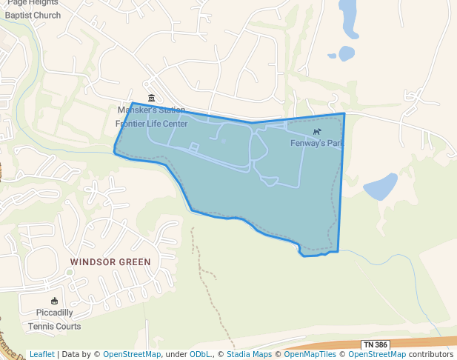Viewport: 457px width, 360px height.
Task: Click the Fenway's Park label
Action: click(x=317, y=143)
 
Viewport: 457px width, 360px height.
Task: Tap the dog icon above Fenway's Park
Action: click(x=317, y=132)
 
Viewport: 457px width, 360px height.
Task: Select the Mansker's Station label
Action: click(x=151, y=110)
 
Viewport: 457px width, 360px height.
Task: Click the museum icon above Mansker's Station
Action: click(x=151, y=99)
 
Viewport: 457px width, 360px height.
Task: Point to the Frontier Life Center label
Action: click(x=151, y=124)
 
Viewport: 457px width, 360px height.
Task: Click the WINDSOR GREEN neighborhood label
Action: click(x=110, y=262)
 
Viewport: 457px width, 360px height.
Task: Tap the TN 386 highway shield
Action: click(x=376, y=345)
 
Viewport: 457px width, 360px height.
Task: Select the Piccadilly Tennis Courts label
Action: click(x=54, y=319)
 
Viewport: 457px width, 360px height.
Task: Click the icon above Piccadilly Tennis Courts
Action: click(x=54, y=301)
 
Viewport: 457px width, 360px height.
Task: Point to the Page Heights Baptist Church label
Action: click(x=33, y=8)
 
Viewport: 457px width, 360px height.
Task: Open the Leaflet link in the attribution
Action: click(x=41, y=355)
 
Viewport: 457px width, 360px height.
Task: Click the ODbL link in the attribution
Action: click(x=200, y=355)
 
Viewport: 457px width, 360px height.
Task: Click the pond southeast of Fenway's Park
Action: click(x=380, y=187)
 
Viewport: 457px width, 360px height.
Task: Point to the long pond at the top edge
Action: click(x=348, y=18)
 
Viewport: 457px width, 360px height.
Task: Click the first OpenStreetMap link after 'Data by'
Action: click(x=131, y=355)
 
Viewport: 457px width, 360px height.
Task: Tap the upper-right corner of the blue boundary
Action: click(x=344, y=114)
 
